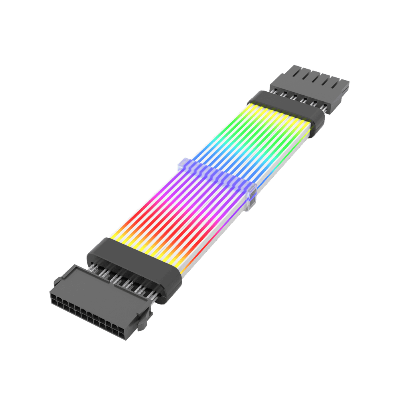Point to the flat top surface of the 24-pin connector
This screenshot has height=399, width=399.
[x=100, y=287]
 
